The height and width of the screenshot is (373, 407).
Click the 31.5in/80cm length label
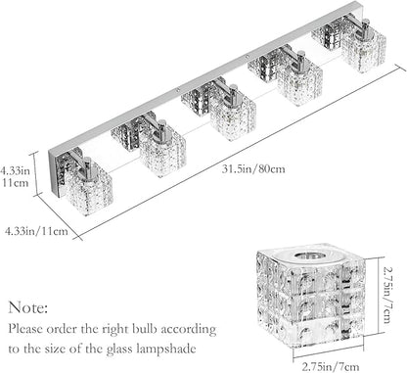(x=253, y=169)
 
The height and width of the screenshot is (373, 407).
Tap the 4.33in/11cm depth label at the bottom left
(x=36, y=231)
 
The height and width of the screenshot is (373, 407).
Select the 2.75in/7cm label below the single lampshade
(x=331, y=367)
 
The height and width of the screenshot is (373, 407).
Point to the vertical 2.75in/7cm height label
(x=386, y=295)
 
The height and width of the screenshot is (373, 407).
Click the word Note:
(x=28, y=307)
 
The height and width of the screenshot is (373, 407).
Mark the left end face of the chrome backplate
(x=54, y=173)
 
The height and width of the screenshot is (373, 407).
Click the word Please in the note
(x=25, y=329)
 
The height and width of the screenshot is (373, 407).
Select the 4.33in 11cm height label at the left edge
(x=16, y=176)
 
